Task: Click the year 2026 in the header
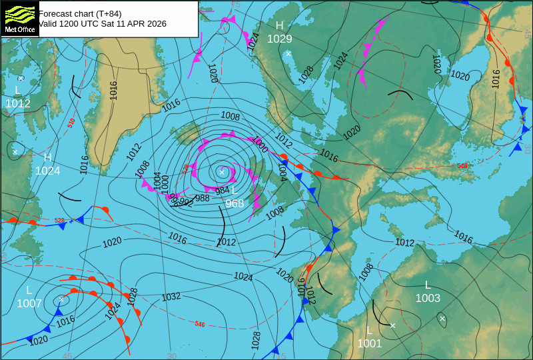point(156,23)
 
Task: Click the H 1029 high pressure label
point(280,33)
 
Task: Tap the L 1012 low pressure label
point(18,97)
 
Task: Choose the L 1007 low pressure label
point(29,297)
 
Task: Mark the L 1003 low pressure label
point(428,292)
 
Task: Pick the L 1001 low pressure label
point(369,337)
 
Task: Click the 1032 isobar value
point(171,297)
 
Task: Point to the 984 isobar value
point(222,191)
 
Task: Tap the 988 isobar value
point(203,198)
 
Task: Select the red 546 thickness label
point(200,324)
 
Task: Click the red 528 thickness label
point(59,220)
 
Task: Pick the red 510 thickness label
point(71,123)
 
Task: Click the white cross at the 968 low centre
point(222,171)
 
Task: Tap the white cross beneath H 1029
point(288,53)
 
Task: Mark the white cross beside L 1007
point(61,299)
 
